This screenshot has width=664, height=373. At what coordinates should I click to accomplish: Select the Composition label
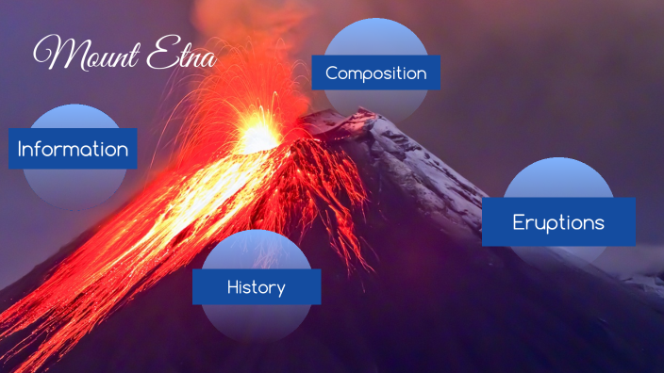point(376,73)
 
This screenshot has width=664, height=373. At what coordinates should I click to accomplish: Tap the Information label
point(73,149)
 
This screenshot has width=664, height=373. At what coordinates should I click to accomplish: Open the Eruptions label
point(558,222)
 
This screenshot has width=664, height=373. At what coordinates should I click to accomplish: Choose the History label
point(256,286)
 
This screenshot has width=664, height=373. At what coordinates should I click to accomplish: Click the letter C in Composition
point(331,73)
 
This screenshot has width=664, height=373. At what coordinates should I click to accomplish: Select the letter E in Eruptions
point(519,222)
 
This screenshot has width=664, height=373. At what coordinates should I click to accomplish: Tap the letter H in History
point(232,286)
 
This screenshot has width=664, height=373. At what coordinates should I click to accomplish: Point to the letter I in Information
point(21,149)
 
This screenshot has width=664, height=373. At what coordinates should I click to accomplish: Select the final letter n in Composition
point(422,73)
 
